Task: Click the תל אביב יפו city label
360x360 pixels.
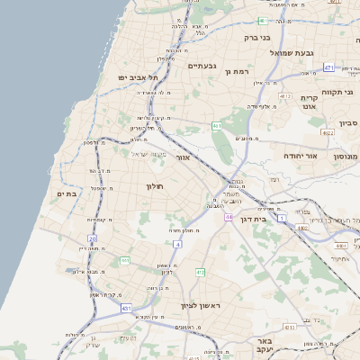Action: pyautogui.click(x=137, y=77)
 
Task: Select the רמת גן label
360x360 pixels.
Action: pyautogui.click(x=236, y=70)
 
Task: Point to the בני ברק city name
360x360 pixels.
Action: pyautogui.click(x=257, y=38)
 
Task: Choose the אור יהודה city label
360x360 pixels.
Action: pyautogui.click(x=296, y=156)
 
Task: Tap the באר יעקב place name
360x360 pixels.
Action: pyautogui.click(x=264, y=346)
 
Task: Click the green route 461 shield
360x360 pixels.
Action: pyautogui.click(x=216, y=125)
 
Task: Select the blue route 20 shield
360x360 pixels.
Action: pyautogui.click(x=92, y=238)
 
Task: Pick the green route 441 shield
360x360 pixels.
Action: pyautogui.click(x=125, y=260)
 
